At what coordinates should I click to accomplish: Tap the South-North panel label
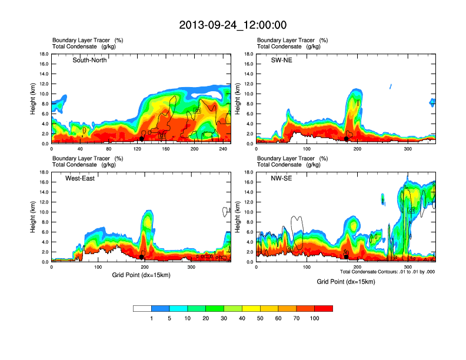[x=89, y=60]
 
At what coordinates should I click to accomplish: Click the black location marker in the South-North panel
[x=142, y=139]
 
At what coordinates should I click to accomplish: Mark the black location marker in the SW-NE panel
[x=347, y=139]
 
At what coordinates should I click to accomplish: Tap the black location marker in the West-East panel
[x=142, y=257]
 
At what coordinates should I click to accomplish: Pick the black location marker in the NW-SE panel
[x=347, y=256]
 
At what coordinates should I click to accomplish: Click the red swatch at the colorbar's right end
[x=324, y=308]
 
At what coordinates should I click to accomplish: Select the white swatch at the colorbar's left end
[x=142, y=308]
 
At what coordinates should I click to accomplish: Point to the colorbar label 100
[x=315, y=318]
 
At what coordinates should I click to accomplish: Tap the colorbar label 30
[x=224, y=318]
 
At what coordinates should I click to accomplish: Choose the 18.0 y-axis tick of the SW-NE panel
[x=250, y=54]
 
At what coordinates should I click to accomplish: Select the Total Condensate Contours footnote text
[x=387, y=271]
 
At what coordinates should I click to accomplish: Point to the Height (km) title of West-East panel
[x=34, y=217]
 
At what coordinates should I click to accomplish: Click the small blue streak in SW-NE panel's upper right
[x=391, y=86]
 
